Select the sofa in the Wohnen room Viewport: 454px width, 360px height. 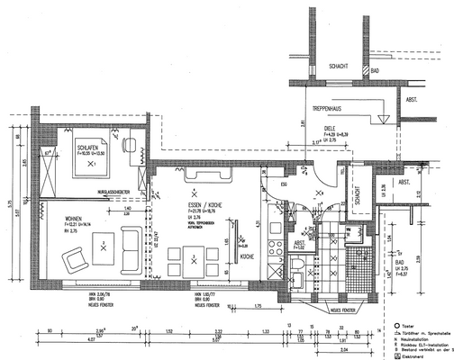[132, 243]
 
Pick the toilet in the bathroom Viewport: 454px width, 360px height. [301, 265]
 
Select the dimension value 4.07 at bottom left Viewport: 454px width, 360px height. [27, 342]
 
